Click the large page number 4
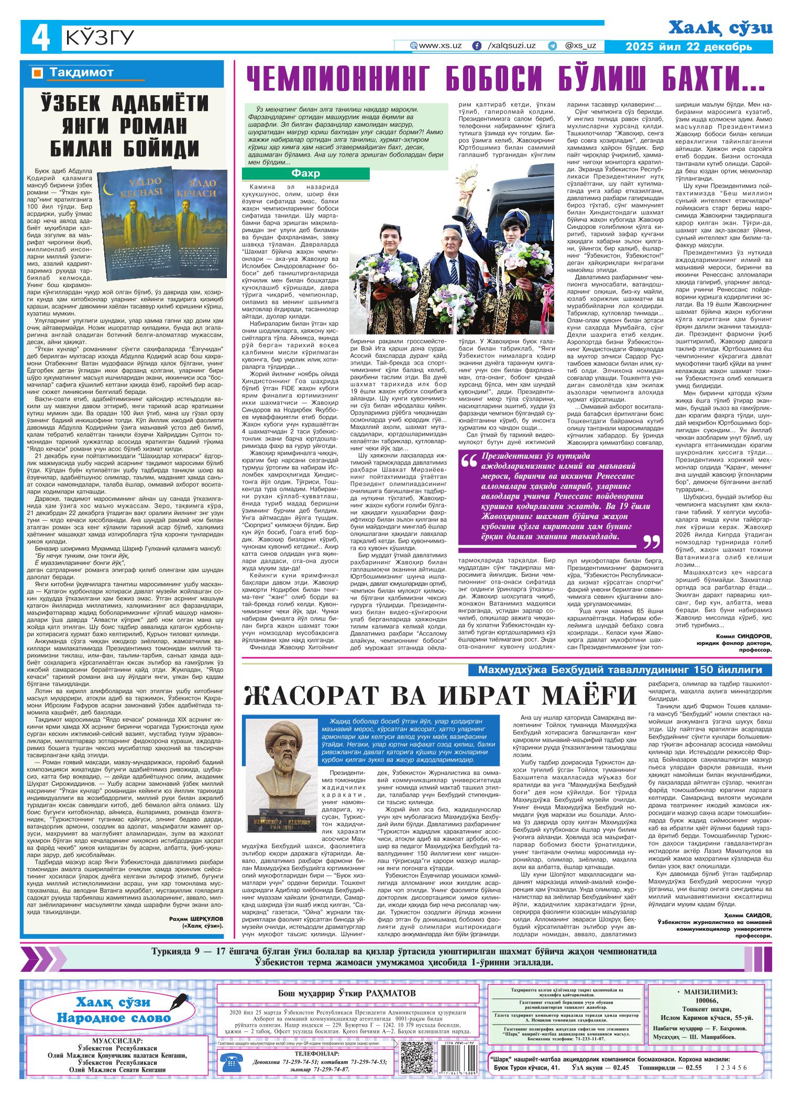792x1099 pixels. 41,39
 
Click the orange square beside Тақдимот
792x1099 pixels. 37,73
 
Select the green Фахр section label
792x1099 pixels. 306,173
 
